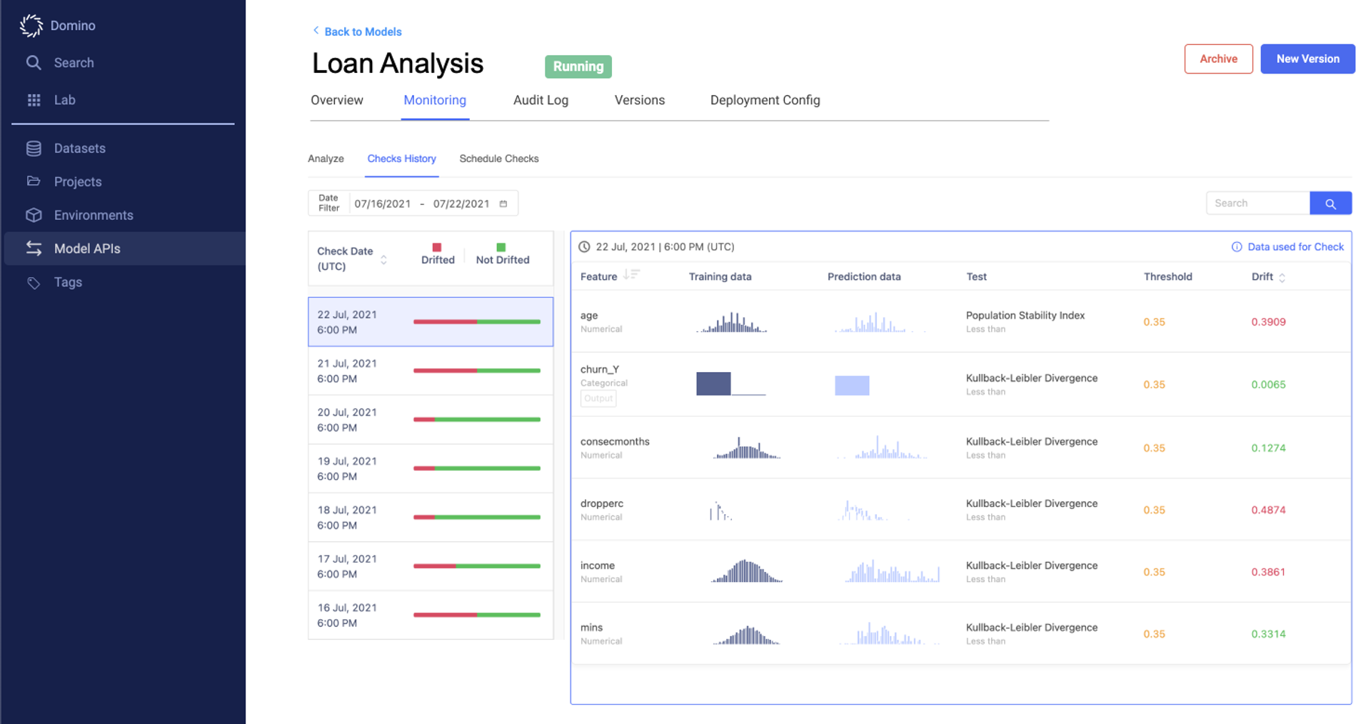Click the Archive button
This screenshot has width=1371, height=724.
coord(1217,59)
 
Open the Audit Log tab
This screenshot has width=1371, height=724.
coord(541,100)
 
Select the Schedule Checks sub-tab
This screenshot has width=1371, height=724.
coord(498,159)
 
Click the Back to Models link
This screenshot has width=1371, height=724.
coord(362,31)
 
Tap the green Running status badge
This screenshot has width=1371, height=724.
coord(578,66)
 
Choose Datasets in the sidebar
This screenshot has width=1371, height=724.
coord(79,149)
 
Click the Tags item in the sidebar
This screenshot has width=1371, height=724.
coord(68,282)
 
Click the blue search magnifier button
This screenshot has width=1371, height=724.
coord(1330,203)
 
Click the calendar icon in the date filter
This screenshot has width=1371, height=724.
coord(503,203)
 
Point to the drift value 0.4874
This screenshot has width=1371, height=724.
coord(1267,510)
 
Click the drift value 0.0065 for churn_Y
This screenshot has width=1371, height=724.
coord(1267,384)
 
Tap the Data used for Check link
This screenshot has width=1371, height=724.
coord(1295,247)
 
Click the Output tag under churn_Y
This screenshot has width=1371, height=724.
coord(598,398)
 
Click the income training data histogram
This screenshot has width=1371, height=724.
coord(746,571)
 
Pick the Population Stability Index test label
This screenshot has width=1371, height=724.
coord(1025,315)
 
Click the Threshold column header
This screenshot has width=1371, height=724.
coord(1167,276)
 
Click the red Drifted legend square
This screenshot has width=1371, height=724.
coord(437,247)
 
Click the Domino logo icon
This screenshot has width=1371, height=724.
coord(31,26)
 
